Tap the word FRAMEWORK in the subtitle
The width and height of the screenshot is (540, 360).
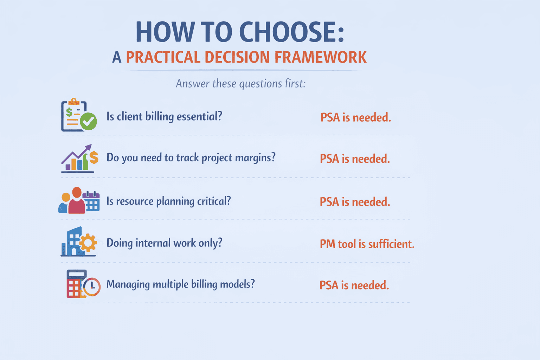320,57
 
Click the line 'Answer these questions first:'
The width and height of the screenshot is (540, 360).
240,84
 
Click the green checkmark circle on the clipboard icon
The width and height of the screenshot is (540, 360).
88,121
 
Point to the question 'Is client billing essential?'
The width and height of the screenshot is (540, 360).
164,116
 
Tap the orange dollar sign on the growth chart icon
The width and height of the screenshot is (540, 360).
94,157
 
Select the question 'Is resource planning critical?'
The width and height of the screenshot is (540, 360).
168,201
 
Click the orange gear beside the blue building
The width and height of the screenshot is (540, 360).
88,243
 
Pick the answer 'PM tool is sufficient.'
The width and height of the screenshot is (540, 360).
367,244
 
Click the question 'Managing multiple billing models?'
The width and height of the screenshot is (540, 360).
180,284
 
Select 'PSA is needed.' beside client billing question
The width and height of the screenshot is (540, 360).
355,117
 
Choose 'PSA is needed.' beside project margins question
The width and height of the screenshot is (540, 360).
355,159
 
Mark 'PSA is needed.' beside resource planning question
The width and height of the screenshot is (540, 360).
355,202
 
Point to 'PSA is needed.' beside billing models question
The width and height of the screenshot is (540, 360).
354,285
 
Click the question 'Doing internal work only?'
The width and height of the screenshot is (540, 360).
164,243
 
